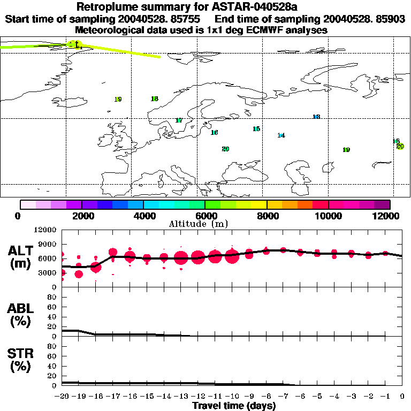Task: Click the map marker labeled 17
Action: point(179,120)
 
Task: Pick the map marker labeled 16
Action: point(214,133)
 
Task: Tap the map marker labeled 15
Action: point(256,129)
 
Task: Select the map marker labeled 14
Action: point(281,135)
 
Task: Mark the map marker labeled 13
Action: point(316,117)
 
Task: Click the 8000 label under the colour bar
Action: point(267,216)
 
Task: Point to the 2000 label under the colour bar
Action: point(81,216)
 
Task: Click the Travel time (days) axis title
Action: point(234,406)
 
